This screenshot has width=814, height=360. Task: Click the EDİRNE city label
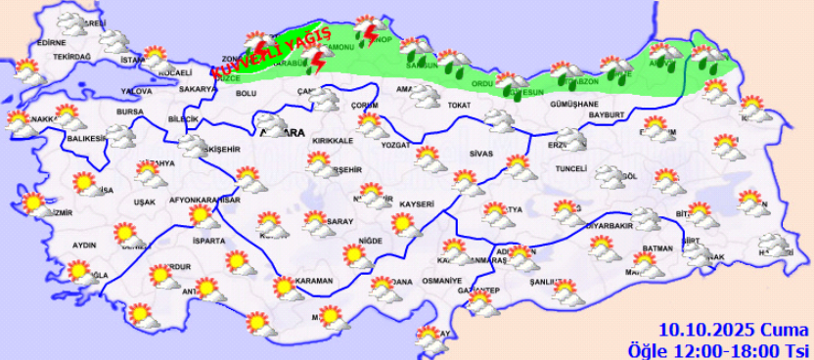(50, 43)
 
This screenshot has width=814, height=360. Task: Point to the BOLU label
(247, 93)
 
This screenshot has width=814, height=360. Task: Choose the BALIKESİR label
(86, 139)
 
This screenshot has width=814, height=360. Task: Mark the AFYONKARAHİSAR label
(205, 200)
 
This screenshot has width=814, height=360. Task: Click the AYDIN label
(85, 245)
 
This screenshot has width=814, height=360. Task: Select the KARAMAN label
(315, 281)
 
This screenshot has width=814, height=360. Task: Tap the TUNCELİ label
(569, 168)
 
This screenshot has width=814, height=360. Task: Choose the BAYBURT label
(607, 115)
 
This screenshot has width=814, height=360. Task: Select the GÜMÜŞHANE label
(574, 103)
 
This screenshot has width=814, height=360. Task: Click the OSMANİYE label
(441, 281)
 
